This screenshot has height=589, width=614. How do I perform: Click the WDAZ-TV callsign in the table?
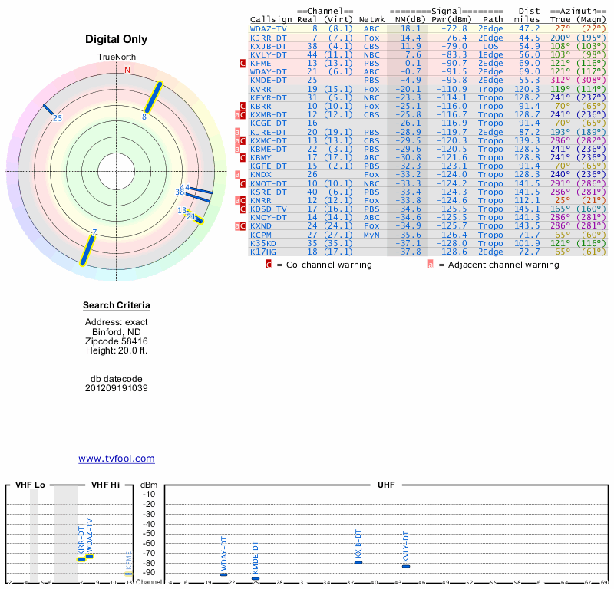click(269, 28)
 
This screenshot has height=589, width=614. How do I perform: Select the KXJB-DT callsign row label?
click(269, 45)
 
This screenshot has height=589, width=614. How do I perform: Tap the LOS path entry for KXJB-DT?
click(490, 45)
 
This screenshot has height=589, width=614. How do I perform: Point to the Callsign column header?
click(271, 19)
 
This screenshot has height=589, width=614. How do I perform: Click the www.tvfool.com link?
click(117, 459)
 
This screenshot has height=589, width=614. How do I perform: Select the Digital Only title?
click(117, 39)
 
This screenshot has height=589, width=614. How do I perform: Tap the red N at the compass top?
click(127, 71)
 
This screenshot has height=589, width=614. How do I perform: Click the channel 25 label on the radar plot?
click(57, 118)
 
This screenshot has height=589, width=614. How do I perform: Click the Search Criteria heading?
click(117, 306)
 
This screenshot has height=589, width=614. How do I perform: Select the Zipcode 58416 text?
click(117, 341)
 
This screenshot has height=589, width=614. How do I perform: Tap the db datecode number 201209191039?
click(117, 388)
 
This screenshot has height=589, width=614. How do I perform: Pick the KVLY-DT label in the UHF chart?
click(406, 548)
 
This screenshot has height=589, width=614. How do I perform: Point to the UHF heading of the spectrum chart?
click(386, 485)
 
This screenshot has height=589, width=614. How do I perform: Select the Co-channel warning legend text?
click(324, 265)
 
